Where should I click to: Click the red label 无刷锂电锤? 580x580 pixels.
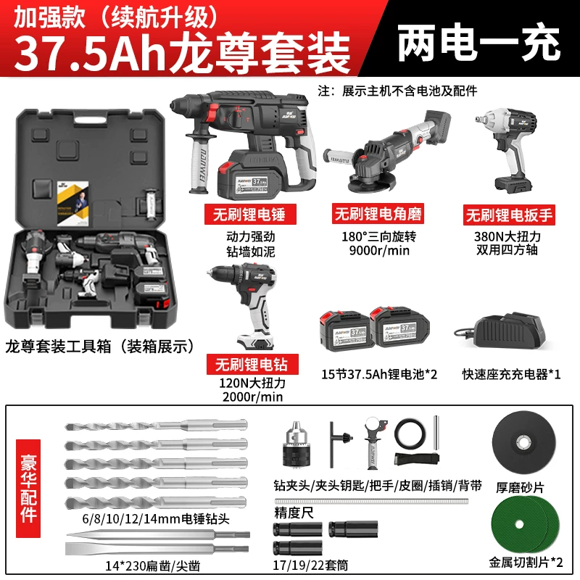250,214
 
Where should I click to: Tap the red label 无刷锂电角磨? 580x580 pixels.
378,213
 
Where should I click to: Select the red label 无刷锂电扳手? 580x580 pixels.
509,215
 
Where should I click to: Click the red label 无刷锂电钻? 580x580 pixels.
252,365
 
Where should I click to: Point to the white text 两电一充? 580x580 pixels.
478,42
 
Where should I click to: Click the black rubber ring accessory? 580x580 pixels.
410,434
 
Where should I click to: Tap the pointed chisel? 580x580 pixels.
158,535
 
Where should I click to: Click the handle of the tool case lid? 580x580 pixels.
90,119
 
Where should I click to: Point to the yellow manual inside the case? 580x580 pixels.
73,203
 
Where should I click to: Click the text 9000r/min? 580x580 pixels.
379,251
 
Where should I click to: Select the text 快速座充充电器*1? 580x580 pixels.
511,374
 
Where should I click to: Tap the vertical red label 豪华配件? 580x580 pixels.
28,488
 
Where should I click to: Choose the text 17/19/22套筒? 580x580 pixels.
310,565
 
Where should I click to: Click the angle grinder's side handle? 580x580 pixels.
336,157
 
